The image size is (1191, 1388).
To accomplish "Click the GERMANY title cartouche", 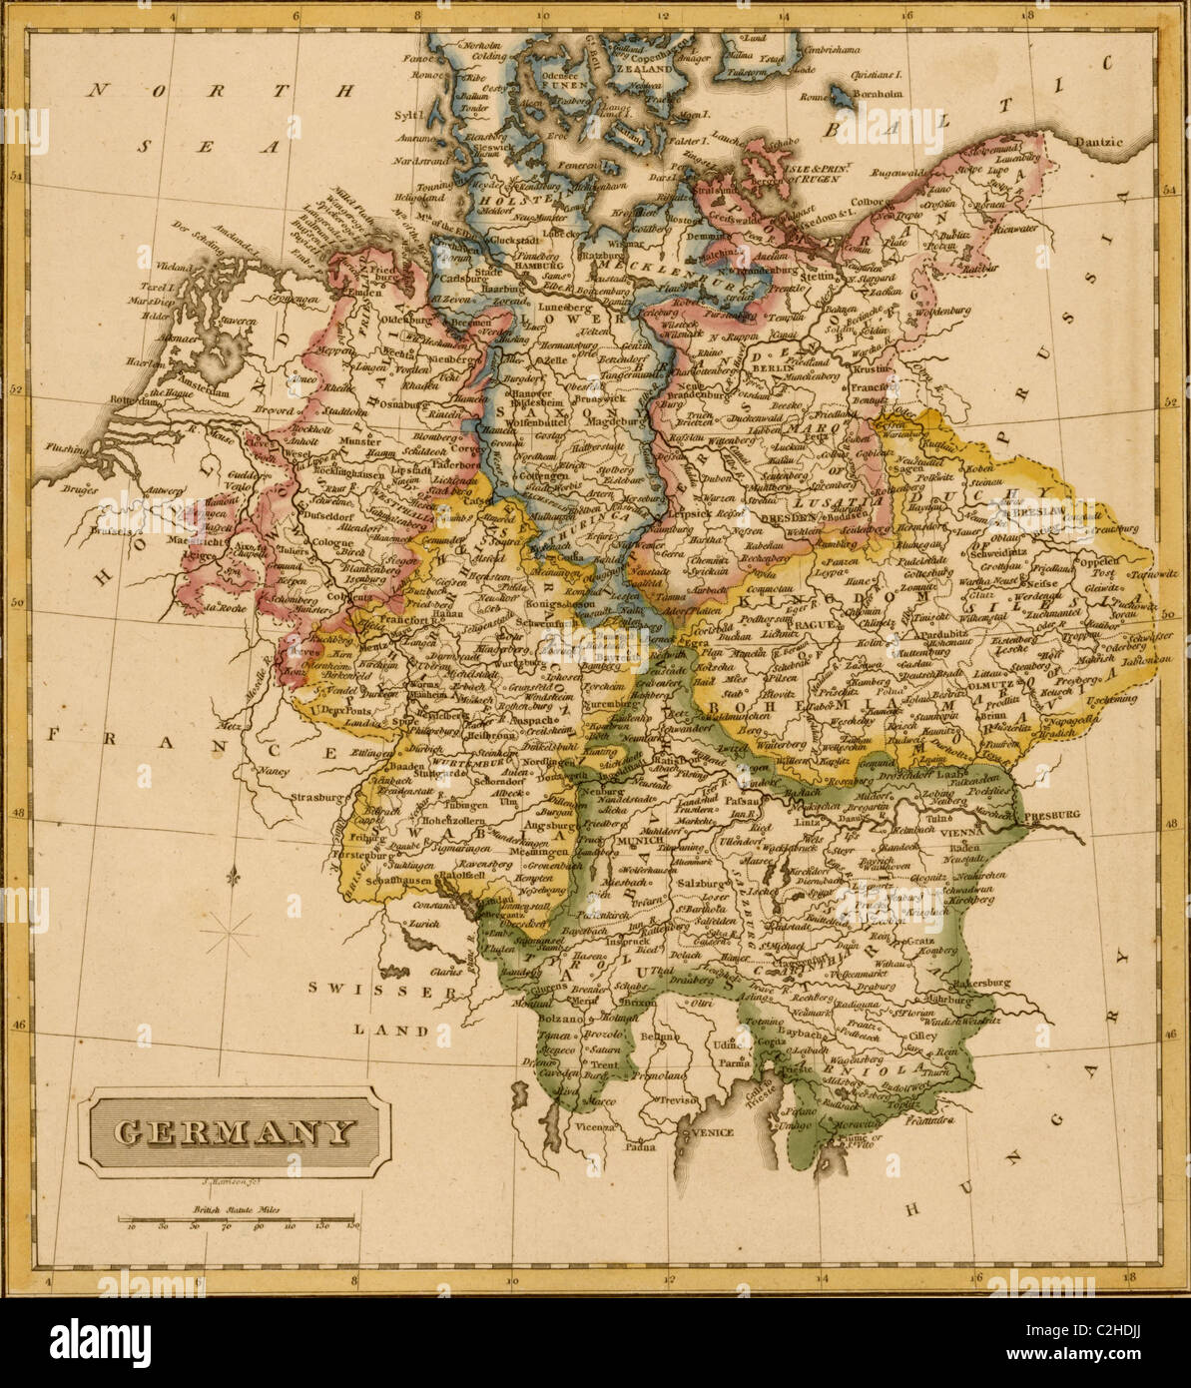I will (235, 1132).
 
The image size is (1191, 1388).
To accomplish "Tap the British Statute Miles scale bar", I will (238, 1219).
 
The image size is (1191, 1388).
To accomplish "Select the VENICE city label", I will (710, 1132).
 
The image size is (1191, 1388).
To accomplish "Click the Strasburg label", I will (318, 798).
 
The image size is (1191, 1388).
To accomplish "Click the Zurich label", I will (423, 924).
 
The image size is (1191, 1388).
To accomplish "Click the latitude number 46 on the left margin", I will (17, 1024).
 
